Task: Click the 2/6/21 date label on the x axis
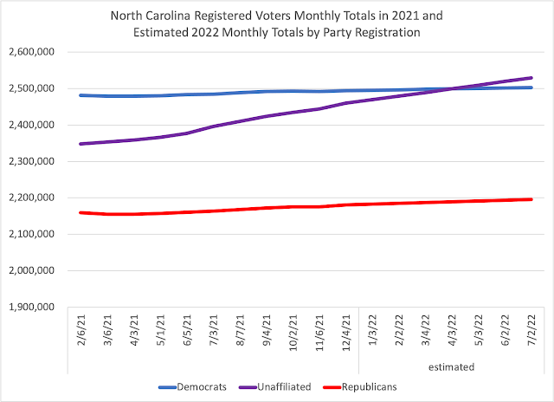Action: pyautogui.click(x=81, y=330)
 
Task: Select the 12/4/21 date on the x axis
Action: pyautogui.click(x=345, y=332)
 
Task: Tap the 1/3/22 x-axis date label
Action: pyautogui.click(x=372, y=330)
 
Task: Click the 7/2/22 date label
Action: pyautogui.click(x=531, y=330)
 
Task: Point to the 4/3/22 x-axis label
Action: pyautogui.click(x=451, y=330)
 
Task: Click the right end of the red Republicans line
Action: pyautogui.click(x=531, y=199)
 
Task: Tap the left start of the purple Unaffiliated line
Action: pyautogui.click(x=81, y=144)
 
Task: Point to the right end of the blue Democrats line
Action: pyautogui.click(x=531, y=88)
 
